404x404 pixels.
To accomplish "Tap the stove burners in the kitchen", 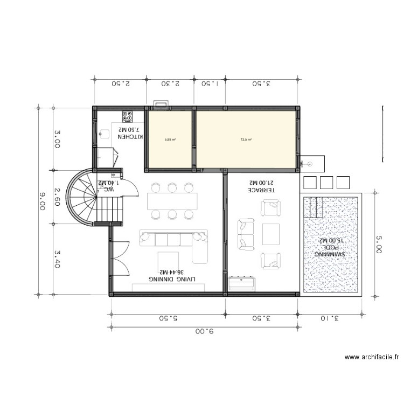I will (x=128, y=114).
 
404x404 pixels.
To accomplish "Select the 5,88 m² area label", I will (x=170, y=140).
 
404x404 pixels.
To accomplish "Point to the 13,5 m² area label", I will (x=246, y=140).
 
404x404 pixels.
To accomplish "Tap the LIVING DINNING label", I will (x=172, y=276).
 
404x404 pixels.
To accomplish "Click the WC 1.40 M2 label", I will (x=109, y=186).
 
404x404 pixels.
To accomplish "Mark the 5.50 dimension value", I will (x=168, y=318).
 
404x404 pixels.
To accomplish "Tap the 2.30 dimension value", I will (x=170, y=83).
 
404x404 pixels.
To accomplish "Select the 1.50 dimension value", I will (x=210, y=83).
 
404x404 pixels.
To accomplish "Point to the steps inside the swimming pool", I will (x=312, y=208).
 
